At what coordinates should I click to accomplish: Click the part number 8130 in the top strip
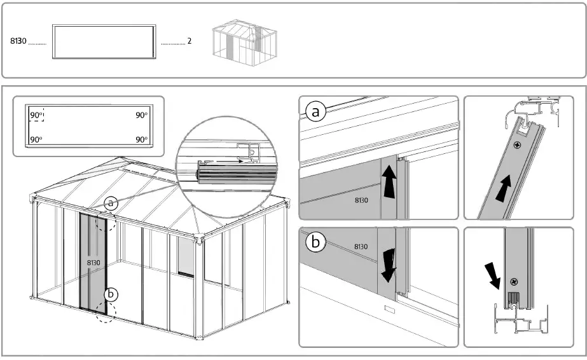click(18, 41)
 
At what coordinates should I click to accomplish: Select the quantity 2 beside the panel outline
click(190, 41)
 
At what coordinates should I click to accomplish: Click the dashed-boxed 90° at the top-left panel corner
click(36, 115)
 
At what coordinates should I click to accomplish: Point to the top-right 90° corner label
click(141, 115)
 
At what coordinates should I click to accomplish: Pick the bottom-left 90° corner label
click(36, 139)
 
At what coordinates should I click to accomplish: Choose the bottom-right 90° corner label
click(141, 139)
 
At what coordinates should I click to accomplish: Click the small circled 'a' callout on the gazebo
click(112, 204)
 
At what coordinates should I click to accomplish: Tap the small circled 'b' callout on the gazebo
click(111, 294)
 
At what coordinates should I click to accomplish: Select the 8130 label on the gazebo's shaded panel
click(93, 261)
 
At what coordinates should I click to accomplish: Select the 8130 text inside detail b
click(361, 246)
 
